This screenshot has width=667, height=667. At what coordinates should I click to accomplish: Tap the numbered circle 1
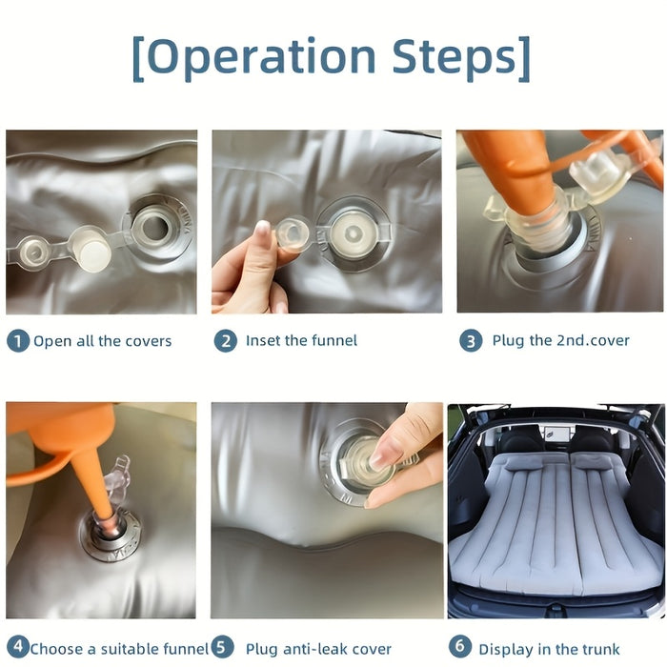pos(17,340)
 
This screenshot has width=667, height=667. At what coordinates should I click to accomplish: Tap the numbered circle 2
pos(225,340)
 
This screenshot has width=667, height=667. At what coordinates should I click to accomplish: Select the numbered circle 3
pos(471,340)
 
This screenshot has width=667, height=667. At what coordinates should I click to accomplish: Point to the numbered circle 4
pos(16,648)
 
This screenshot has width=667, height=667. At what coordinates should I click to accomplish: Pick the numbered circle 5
pos(222,648)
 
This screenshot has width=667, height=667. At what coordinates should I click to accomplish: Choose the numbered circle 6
pos(459,648)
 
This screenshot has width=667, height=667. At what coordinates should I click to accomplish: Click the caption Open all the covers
pos(102,341)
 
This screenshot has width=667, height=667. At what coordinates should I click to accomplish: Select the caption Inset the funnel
pos(301,340)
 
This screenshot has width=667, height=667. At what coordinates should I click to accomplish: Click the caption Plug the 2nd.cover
pos(560,340)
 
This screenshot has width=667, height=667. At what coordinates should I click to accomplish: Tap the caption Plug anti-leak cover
pos(318,649)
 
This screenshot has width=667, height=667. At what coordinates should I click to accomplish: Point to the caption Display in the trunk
pos(549,649)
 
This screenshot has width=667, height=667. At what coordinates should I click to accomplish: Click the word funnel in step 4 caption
pos(183,649)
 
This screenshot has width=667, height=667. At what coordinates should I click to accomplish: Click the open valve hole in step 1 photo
pos(153,225)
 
